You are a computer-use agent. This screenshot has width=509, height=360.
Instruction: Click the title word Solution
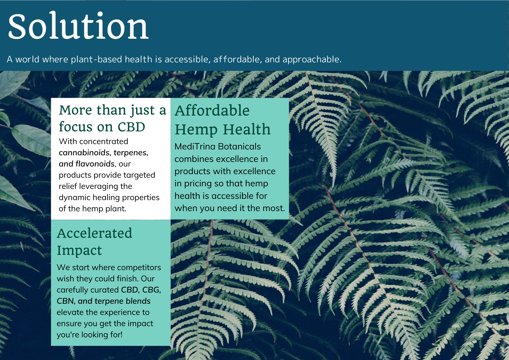coord(78,26)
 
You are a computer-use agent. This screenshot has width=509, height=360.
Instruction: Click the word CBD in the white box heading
coord(131,127)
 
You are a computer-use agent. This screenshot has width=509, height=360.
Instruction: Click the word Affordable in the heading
coord(212,110)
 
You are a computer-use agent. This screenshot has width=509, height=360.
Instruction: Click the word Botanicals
coord(239,146)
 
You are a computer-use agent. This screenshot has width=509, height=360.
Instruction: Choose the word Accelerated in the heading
coord(95,233)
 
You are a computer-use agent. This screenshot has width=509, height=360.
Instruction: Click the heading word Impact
coord(79,251)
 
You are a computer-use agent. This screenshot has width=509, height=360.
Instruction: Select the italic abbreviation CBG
coord(151,290)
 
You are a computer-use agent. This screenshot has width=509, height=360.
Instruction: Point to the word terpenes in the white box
coord(131,153)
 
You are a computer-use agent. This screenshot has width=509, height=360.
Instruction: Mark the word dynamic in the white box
coord(74,198)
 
